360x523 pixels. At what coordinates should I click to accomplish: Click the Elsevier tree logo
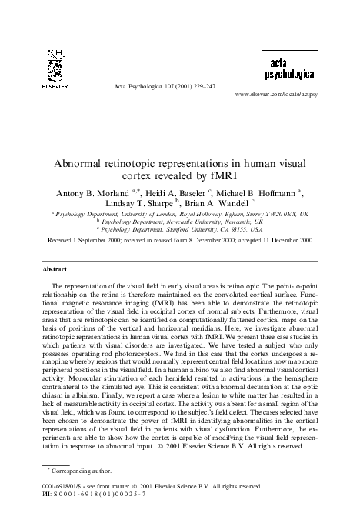tap(53, 70)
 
